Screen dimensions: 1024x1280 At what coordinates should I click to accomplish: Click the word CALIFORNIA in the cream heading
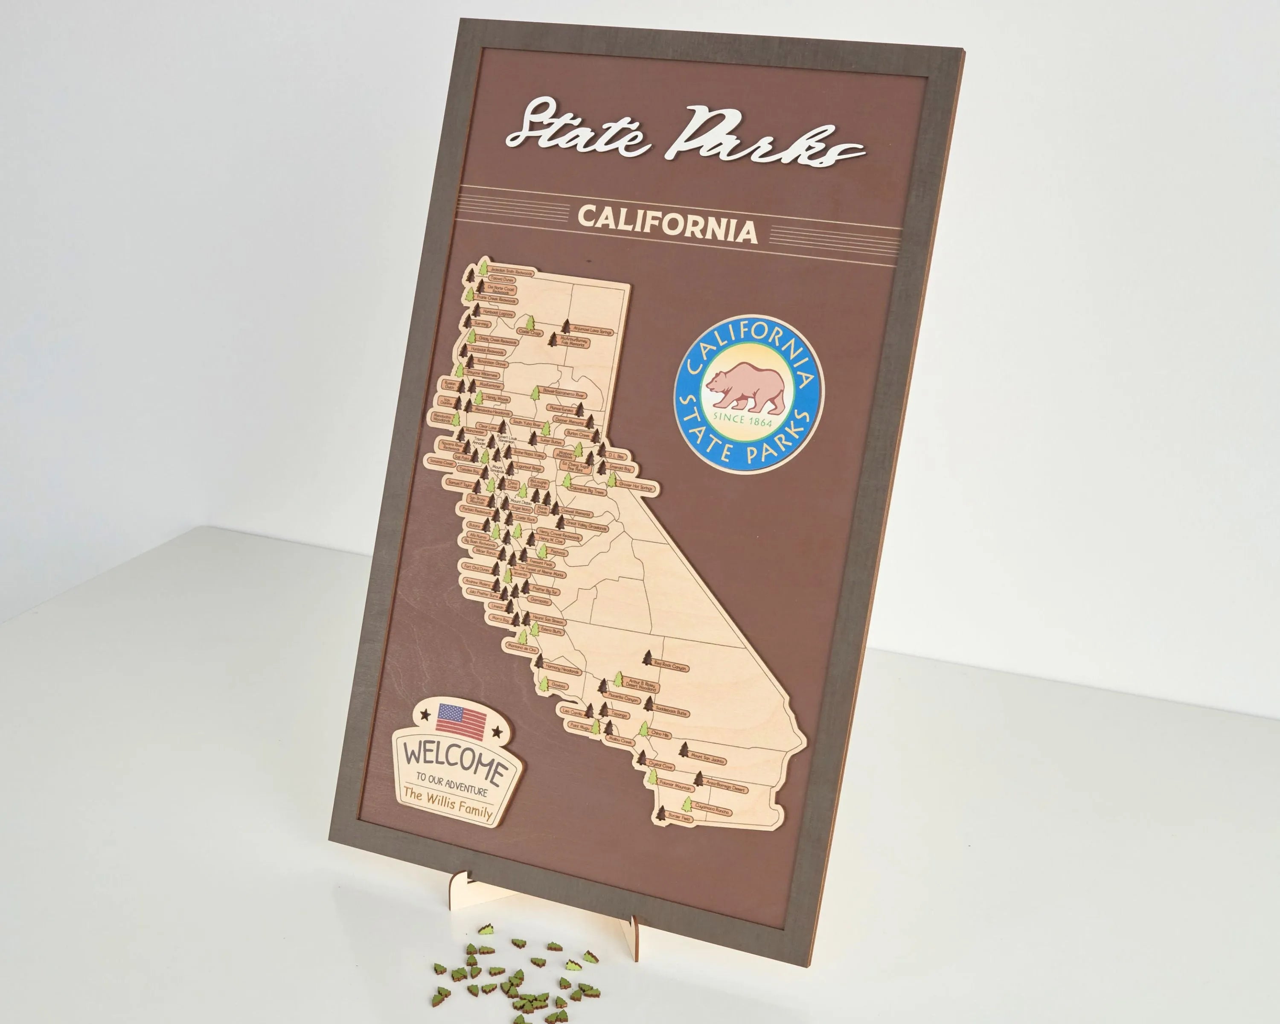(x=667, y=224)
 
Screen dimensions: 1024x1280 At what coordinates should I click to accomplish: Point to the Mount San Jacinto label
(x=707, y=758)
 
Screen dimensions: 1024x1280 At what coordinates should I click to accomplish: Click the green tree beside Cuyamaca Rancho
(x=687, y=804)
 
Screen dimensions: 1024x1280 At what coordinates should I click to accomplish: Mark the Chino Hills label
(x=660, y=734)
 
